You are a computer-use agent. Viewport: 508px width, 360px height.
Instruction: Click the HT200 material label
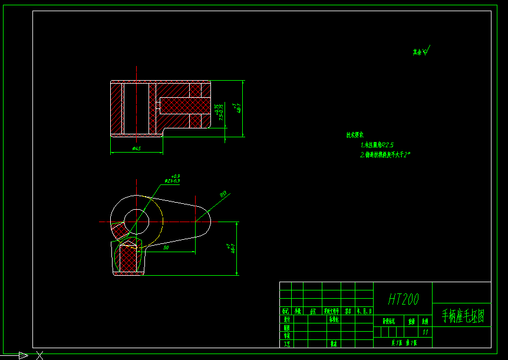coord(403,300)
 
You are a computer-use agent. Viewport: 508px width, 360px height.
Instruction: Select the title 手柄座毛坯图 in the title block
coord(463,317)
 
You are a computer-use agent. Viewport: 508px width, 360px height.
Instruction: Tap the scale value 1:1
coord(425,332)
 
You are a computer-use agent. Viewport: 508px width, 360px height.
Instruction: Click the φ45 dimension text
coord(136,149)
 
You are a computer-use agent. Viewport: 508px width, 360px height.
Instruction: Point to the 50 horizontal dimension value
coord(166,249)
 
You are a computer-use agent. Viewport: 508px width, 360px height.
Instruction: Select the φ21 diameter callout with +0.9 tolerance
coord(173,179)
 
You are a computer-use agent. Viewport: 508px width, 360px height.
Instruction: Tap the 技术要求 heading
coord(355,135)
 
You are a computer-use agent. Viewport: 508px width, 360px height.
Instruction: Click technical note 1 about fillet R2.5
coord(377,144)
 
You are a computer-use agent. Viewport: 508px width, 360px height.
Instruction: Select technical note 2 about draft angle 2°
coord(385,154)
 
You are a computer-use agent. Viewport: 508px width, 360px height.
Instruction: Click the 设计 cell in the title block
coord(286,319)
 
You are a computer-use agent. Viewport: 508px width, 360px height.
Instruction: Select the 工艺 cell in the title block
coord(286,344)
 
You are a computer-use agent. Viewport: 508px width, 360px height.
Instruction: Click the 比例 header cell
coord(424,322)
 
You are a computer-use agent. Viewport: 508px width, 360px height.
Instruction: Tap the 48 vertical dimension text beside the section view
coord(239,108)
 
